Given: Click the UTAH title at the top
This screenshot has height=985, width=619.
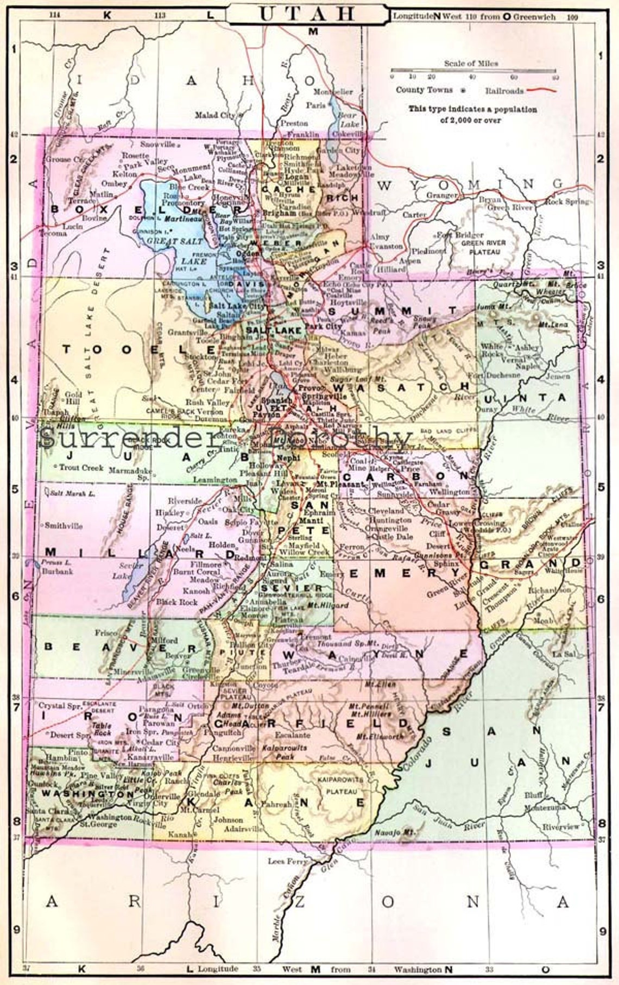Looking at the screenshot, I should click(307, 14).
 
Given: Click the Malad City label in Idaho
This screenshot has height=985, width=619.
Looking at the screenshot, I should click(215, 115).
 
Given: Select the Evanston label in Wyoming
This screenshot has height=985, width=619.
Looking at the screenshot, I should click(386, 246).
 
